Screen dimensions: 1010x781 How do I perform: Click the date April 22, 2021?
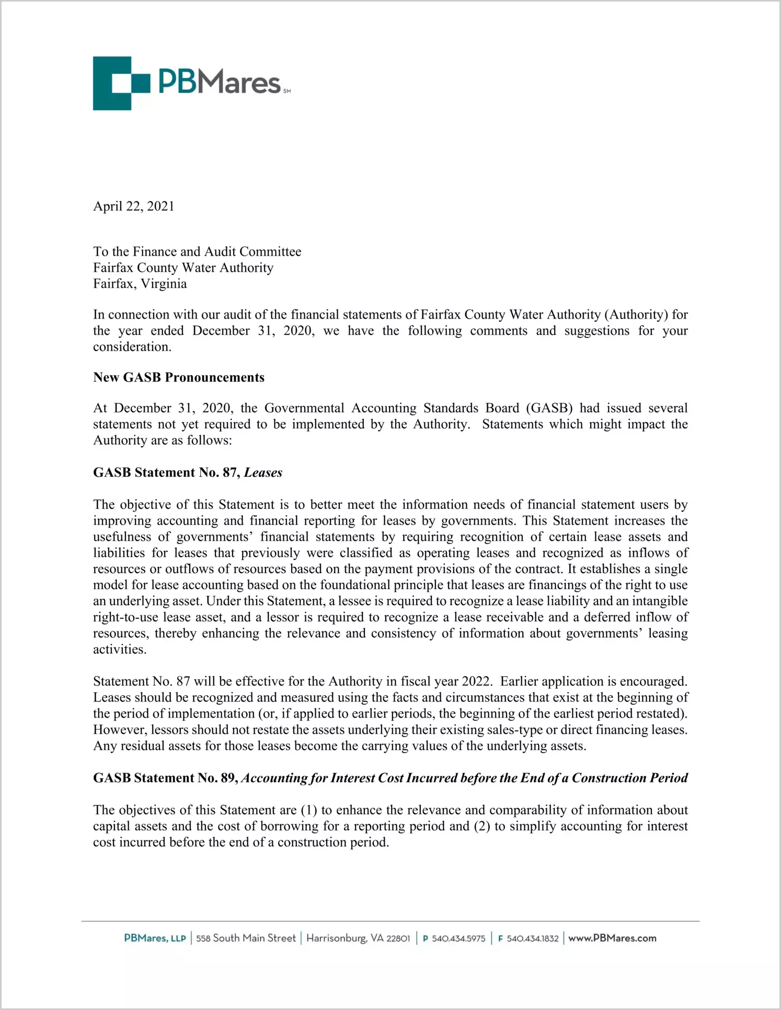[x=133, y=206]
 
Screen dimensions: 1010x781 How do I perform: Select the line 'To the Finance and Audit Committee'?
[x=197, y=252]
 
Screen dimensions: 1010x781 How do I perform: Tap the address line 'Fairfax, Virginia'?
[x=140, y=283]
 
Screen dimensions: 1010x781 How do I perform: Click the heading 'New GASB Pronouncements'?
[x=179, y=377]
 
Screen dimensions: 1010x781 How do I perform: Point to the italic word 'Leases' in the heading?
[x=263, y=472]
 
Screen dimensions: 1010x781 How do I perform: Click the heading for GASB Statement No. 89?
[x=390, y=778]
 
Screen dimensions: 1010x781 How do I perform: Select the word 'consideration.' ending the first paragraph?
[x=132, y=347]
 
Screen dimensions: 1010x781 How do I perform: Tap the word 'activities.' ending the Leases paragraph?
[x=120, y=649]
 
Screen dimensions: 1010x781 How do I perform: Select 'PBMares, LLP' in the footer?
[x=155, y=938]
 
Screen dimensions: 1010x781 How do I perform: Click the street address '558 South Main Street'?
[x=246, y=938]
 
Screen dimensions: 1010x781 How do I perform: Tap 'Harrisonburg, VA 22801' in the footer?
[x=358, y=938]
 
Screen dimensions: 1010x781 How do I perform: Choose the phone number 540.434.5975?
[x=458, y=939]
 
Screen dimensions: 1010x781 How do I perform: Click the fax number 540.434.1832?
[x=532, y=939]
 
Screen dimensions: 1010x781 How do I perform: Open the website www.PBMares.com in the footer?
[x=612, y=938]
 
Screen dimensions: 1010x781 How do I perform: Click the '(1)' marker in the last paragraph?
[x=309, y=810]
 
